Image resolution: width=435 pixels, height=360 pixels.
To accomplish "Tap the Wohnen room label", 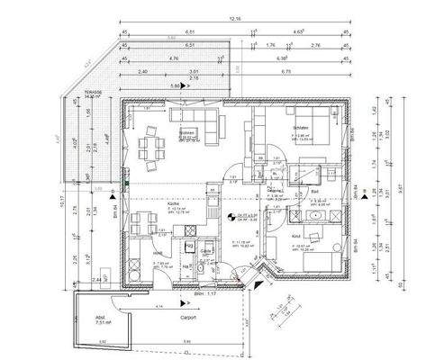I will pos(187,132).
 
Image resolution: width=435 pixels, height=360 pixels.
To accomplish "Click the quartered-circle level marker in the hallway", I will pos(232,217).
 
